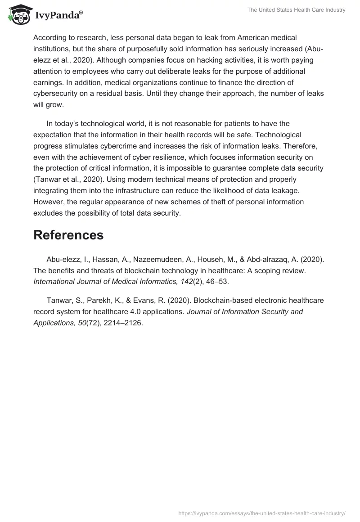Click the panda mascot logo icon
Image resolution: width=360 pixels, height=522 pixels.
click(18, 14)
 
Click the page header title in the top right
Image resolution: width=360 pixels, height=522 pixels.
click(296, 10)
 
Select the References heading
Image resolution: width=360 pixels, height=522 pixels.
click(68, 235)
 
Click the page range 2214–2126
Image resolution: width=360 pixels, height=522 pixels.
click(121, 323)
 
